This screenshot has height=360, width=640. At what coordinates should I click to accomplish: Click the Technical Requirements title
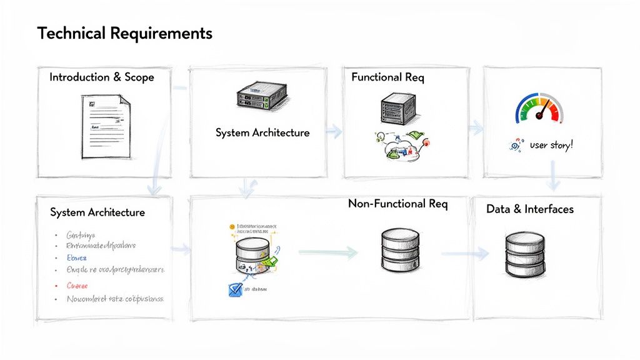tap(124, 33)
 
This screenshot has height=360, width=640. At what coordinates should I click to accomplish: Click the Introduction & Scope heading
tap(101, 77)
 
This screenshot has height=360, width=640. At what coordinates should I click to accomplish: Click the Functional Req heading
tap(387, 77)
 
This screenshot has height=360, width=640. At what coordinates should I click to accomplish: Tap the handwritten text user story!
tap(551, 145)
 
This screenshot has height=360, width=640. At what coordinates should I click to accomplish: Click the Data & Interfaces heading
tap(529, 209)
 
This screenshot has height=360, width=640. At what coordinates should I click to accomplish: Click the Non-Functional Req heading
tap(397, 204)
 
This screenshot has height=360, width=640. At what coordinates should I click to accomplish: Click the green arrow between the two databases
tap(328, 252)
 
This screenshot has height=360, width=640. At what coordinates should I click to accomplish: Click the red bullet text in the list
tap(77, 285)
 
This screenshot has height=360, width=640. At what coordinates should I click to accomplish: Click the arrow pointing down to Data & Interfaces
tap(553, 176)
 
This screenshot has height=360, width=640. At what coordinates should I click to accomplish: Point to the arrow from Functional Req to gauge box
tap(477, 129)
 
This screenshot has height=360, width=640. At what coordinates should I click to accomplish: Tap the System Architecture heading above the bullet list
tap(97, 212)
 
